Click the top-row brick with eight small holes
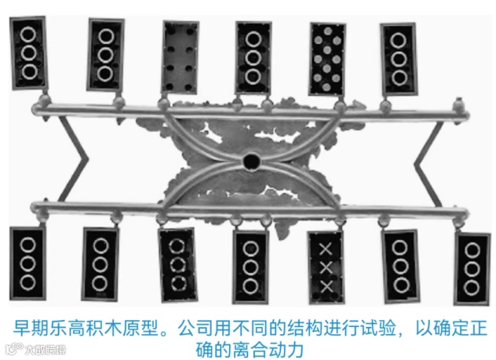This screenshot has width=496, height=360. (181, 56)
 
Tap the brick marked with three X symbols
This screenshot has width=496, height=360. (326, 267)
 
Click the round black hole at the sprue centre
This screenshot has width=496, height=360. (251, 162)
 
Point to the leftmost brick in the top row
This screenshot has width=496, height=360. (28, 53)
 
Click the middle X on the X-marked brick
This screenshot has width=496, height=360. (326, 267)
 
